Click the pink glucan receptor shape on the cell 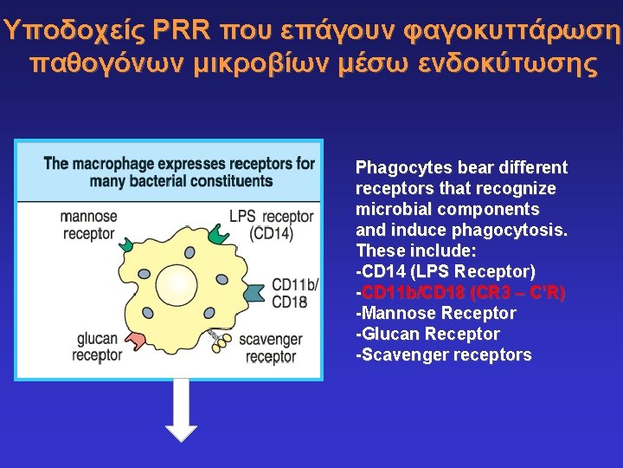pyautogui.click(x=136, y=341)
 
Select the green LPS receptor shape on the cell pyautogui.click(x=217, y=235)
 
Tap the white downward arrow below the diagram pyautogui.click(x=181, y=410)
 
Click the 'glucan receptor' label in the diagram pyautogui.click(x=96, y=347)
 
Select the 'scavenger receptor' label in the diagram pyautogui.click(x=270, y=348)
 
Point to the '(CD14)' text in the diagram pyautogui.click(x=271, y=233)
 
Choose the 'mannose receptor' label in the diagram pyautogui.click(x=88, y=224)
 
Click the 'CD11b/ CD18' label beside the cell pyautogui.click(x=295, y=293)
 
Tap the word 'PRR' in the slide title pyautogui.click(x=181, y=30)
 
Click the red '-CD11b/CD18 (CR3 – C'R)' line pyautogui.click(x=460, y=292)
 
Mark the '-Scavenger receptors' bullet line pyautogui.click(x=443, y=354)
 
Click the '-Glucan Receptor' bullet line pyautogui.click(x=427, y=334)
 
